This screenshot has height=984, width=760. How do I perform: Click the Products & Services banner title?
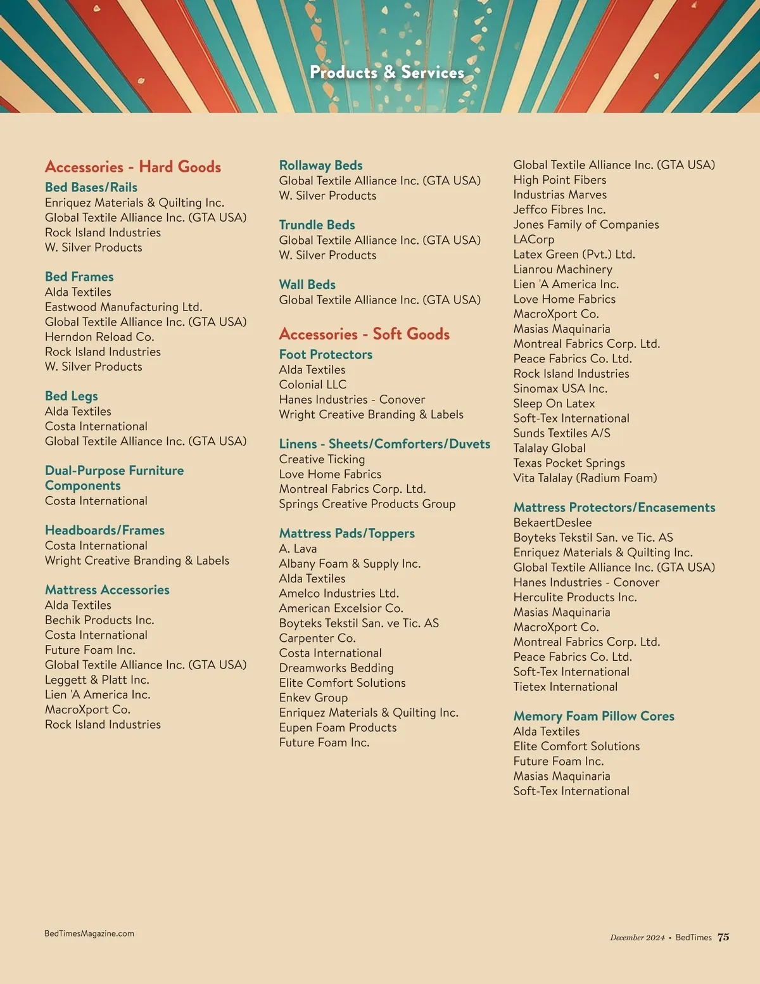point(387,73)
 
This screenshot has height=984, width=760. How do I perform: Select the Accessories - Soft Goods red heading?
point(364,334)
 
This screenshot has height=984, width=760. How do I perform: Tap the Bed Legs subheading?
point(71,396)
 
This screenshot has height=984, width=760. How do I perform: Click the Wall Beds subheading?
point(307,284)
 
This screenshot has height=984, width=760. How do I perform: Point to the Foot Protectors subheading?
point(326,354)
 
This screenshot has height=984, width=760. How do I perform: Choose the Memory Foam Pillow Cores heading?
point(593,716)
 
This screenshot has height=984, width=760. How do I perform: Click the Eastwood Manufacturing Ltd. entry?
point(123,307)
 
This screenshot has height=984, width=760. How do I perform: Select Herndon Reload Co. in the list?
point(99,336)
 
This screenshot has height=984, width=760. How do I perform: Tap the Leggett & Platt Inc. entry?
point(97,680)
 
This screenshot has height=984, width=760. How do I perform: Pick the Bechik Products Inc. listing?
point(99,620)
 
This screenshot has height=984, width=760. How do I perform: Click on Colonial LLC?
point(313,385)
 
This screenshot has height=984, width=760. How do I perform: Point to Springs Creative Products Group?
point(367,504)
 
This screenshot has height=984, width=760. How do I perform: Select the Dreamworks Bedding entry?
point(336,668)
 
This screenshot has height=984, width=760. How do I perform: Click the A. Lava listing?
point(298,549)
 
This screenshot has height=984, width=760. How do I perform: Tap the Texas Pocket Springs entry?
point(569,463)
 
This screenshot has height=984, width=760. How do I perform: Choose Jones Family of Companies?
point(586,224)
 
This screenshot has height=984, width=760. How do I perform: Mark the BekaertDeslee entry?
point(552,523)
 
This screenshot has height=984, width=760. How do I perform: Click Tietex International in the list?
point(565,687)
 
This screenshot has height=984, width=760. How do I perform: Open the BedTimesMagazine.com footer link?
point(89,933)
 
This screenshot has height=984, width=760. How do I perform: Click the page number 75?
point(723,937)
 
